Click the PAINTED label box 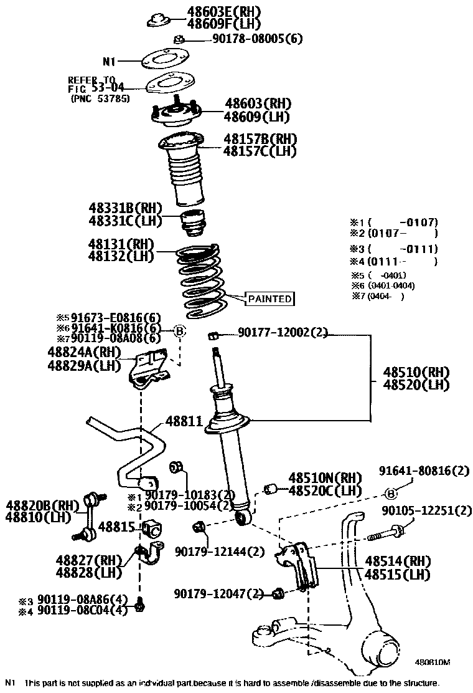(270, 299)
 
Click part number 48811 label (184, 421)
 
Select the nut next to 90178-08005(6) (178, 39)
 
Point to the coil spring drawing (199, 279)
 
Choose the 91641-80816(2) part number (424, 471)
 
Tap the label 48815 (116, 527)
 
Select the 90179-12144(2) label (220, 551)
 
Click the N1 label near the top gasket (109, 62)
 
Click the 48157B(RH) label (260, 138)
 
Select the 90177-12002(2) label (283, 333)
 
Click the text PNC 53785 (100, 98)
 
